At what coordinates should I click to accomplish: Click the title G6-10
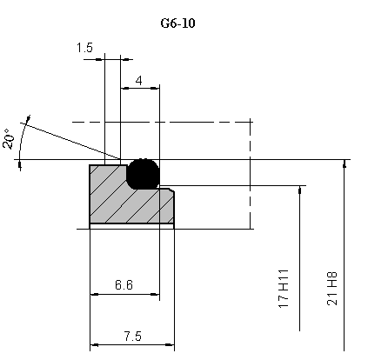click(177, 23)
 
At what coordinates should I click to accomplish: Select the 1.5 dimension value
click(84, 48)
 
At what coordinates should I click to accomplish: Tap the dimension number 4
click(139, 81)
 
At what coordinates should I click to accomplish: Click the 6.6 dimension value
click(124, 285)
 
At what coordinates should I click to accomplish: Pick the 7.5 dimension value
click(133, 337)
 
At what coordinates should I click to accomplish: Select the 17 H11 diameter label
click(284, 289)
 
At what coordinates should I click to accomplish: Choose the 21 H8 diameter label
click(332, 289)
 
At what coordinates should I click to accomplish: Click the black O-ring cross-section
click(144, 174)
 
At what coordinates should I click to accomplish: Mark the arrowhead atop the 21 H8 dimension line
click(345, 163)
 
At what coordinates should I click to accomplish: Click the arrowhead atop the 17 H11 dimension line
click(299, 190)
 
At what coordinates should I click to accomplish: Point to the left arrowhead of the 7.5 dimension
click(95, 345)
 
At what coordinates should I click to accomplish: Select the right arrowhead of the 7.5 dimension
click(170, 345)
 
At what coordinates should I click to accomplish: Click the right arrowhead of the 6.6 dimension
click(155, 295)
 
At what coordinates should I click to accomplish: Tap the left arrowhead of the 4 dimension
click(125, 88)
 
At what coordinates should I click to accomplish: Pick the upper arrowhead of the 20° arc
click(28, 119)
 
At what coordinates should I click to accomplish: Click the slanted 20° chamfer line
click(70, 141)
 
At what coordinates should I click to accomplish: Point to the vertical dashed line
click(250, 173)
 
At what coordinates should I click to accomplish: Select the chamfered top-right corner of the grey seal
click(172, 190)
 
